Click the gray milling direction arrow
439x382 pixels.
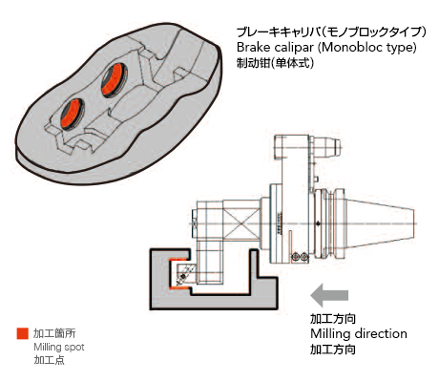pyautogui.click(x=329, y=295)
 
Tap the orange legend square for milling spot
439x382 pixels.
pyautogui.click(x=23, y=333)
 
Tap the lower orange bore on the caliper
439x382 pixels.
pyautogui.click(x=72, y=114)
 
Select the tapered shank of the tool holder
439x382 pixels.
pyautogui.click(x=379, y=223)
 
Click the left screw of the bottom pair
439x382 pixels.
pyautogui.click(x=296, y=256)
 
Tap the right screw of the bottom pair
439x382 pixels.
pyautogui.click(x=304, y=256)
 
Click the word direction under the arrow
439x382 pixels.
pyautogui.click(x=381, y=333)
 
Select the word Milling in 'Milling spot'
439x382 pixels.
pyautogui.click(x=47, y=347)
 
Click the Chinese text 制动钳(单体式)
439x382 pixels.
pyautogui.click(x=275, y=63)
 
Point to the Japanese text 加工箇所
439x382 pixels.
pyautogui.click(x=54, y=333)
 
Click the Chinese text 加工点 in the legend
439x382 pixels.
pyautogui.click(x=50, y=360)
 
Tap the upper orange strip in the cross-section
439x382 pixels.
pyautogui.click(x=178, y=259)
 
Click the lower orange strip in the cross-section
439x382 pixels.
pyautogui.click(x=178, y=288)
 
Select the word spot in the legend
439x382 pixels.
pyautogui.click(x=73, y=348)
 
